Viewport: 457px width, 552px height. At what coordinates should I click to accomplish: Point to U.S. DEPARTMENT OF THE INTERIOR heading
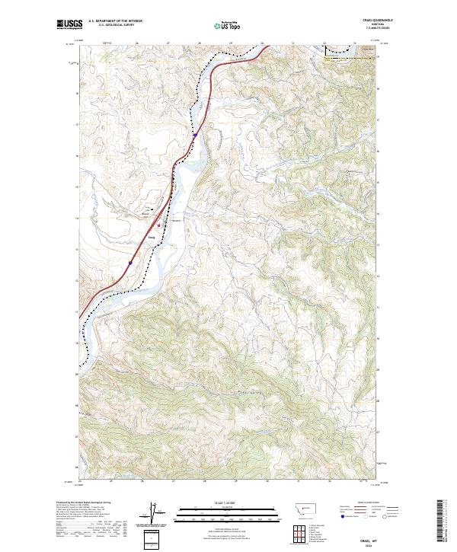pos(115,21)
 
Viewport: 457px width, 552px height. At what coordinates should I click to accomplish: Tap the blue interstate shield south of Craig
pos(130,263)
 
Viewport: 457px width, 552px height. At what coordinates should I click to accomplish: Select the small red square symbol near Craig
pos(158,225)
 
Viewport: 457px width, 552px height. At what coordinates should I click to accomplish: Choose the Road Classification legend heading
pos(367,503)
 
